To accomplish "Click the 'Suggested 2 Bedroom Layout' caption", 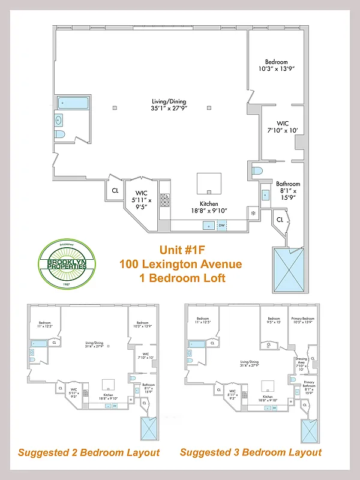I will click(89, 452).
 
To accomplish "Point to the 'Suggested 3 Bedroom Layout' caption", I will click(251, 452).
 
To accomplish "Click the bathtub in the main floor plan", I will click(73, 103).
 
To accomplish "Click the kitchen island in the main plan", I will click(209, 182).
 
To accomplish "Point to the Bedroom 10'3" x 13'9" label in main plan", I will click(277, 65).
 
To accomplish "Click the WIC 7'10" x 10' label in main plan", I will click(283, 127).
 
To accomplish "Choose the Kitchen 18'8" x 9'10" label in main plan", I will click(204, 206).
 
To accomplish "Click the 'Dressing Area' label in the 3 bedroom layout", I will click(301, 360).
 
